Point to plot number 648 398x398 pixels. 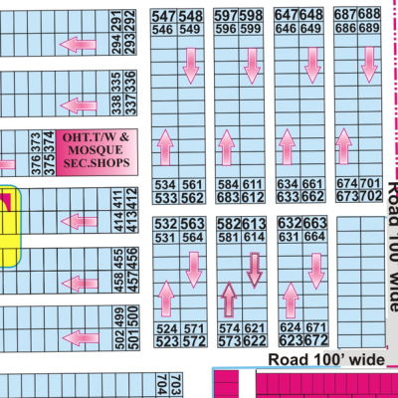coord(311,16)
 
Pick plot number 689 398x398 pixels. coord(371,29)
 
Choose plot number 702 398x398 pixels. coord(371,197)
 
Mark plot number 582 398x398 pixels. coord(228,223)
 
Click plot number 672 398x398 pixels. coord(314,339)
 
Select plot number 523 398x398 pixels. coord(164,340)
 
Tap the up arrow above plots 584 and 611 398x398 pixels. coord(225,150)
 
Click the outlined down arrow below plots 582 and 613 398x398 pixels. coord(255,268)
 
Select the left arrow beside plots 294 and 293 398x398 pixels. coord(73,45)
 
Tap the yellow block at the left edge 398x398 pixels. coord(9,229)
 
